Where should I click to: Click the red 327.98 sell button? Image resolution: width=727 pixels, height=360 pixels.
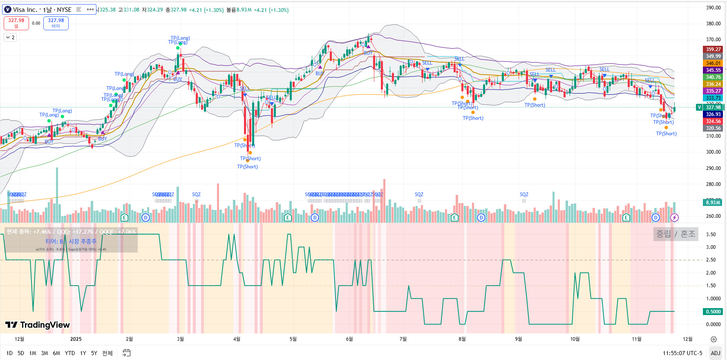coord(16,23)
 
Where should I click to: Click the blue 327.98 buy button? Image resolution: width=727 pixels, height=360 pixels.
coord(56,23)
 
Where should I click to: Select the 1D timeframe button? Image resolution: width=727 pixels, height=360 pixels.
coord(9,353)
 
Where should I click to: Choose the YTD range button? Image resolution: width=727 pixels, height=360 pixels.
coord(70,353)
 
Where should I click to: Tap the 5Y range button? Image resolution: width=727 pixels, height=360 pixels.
coord(94,353)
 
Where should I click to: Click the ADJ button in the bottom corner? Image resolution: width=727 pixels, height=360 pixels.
coord(716,353)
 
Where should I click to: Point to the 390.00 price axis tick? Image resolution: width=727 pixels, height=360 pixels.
coord(713,7)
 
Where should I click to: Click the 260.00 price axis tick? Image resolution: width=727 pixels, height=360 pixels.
coord(713,216)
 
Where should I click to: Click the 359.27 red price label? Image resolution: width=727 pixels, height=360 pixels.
coord(713,49)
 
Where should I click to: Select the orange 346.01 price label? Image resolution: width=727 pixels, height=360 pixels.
coord(713,63)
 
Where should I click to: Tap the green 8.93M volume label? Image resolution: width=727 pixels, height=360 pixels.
coord(713,203)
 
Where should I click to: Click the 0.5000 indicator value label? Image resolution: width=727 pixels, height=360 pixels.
coord(713,312)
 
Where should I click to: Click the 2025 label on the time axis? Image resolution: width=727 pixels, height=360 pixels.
coord(76,339)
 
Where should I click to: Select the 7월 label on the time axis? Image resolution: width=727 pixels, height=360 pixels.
coord(403,339)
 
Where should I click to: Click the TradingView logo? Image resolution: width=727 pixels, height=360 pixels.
coord(38,325)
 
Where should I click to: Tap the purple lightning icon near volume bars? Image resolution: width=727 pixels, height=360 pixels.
coord(674,218)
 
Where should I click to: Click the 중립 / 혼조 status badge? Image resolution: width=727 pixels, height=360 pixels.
coord(676,234)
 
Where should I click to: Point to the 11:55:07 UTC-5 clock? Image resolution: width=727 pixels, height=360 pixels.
coord(682,353)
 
